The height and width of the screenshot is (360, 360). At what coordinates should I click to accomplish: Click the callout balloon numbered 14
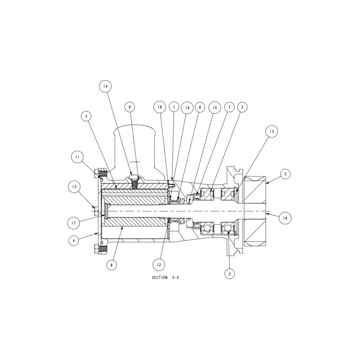click(105, 86)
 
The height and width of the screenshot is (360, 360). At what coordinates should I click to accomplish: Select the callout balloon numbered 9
click(130, 107)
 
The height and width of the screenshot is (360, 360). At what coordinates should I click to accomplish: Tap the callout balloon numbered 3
click(86, 116)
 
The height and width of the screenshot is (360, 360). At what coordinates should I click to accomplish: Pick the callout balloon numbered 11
click(77, 157)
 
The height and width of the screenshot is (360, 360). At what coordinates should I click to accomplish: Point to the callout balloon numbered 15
click(74, 187)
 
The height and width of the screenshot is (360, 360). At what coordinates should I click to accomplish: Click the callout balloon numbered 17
click(74, 223)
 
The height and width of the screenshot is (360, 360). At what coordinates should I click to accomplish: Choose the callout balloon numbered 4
click(74, 241)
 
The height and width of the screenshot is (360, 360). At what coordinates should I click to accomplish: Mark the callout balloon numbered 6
click(112, 265)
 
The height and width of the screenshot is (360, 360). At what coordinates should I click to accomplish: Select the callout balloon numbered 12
click(159, 265)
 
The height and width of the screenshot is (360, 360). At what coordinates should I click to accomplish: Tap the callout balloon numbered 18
click(160, 107)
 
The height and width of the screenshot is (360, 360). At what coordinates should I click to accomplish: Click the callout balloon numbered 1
click(174, 107)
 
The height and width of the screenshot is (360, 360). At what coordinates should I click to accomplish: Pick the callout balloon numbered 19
click(187, 108)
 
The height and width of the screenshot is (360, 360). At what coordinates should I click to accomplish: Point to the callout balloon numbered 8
click(200, 107)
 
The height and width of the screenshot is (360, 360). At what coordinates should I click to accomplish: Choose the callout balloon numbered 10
click(215, 108)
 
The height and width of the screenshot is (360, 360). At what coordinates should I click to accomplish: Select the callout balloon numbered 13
click(272, 131)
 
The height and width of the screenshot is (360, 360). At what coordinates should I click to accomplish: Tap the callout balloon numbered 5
click(286, 174)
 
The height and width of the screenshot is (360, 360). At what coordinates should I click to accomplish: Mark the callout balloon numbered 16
click(285, 218)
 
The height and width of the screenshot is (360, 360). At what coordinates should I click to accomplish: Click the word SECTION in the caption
click(160, 278)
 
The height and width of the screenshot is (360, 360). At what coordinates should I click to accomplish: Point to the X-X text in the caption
click(175, 278)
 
